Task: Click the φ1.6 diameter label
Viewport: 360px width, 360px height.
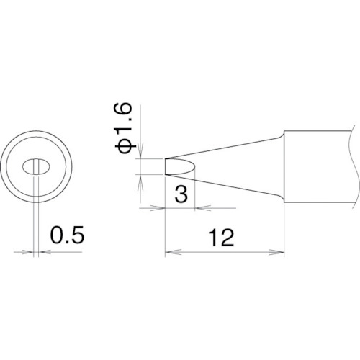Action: (x=124, y=128)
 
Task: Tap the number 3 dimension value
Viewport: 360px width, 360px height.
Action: (x=181, y=194)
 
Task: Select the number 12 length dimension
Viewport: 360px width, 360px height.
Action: (x=221, y=238)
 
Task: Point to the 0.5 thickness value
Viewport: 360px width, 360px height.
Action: (x=68, y=235)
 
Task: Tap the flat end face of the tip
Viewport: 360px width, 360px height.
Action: (x=166, y=166)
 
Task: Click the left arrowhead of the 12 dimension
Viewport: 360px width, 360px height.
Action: (x=173, y=252)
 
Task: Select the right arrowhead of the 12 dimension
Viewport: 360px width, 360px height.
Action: (x=276, y=252)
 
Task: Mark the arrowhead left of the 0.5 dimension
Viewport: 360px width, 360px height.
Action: (x=27, y=252)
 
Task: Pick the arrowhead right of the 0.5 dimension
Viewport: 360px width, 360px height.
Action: (x=45, y=252)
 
